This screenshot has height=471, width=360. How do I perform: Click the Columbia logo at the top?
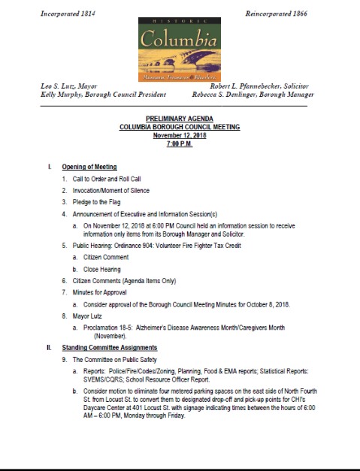[x=179, y=49]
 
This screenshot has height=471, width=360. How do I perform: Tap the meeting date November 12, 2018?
[x=180, y=135]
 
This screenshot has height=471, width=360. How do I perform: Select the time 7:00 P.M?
[x=180, y=143]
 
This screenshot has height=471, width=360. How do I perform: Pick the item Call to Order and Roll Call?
[x=106, y=179]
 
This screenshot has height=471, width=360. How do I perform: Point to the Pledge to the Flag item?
[x=98, y=202]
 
